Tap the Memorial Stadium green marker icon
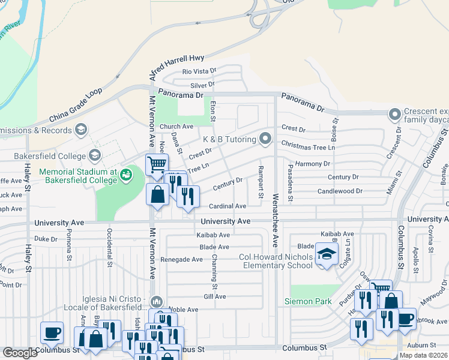point(126,175)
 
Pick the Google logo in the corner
point(20,353)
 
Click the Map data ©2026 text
point(423,355)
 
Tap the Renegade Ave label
point(181,259)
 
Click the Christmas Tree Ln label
point(307,146)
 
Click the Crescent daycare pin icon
point(394,113)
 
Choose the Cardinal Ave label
point(228,206)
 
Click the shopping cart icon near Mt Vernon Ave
point(157,163)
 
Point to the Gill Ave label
point(214,296)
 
